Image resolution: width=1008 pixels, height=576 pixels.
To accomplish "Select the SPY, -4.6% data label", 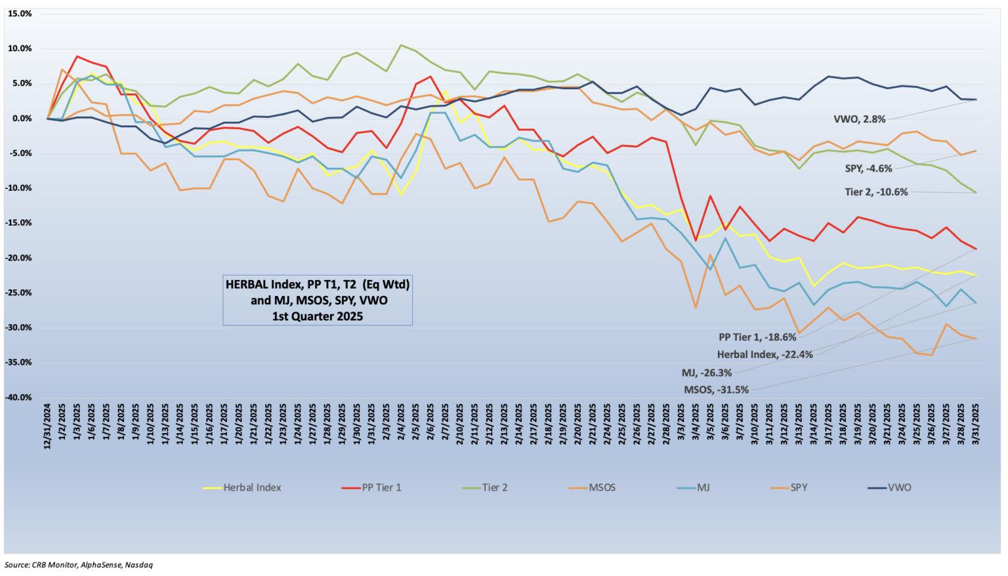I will (x=868, y=169).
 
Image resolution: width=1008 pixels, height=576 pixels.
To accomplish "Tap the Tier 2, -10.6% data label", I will (x=876, y=192).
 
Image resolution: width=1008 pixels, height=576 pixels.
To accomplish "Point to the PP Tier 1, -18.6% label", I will (x=757, y=337).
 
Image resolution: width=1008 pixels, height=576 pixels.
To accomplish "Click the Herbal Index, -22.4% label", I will (x=765, y=355).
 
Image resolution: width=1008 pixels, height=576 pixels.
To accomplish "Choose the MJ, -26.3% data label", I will (x=707, y=373).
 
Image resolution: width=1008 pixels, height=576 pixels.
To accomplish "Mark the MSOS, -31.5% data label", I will (x=716, y=390).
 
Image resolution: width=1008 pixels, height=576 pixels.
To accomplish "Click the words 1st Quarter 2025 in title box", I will (x=318, y=316).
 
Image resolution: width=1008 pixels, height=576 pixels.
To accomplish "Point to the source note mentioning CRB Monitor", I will (x=79, y=565).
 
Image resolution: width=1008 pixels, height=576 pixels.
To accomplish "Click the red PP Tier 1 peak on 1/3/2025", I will (x=77, y=56).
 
